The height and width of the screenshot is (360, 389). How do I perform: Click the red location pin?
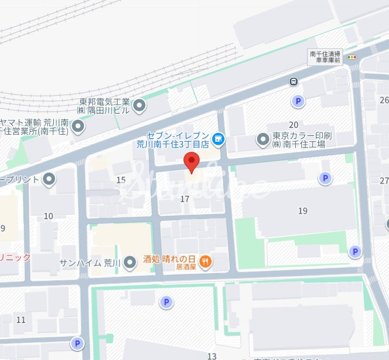pyautogui.click(x=192, y=161)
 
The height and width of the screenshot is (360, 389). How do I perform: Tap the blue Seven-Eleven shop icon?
pyautogui.click(x=218, y=140)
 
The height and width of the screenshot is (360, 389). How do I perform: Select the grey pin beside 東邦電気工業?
pyautogui.click(x=140, y=106)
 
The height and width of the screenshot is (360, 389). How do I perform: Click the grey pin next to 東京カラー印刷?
pyautogui.click(x=264, y=140)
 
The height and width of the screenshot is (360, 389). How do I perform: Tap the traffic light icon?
pyautogui.click(x=351, y=58)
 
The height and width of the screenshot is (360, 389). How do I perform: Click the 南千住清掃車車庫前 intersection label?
pyautogui.click(x=325, y=57)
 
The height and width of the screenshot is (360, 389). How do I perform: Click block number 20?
pyautogui.click(x=293, y=125)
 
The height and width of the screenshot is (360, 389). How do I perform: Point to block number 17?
pyautogui.click(x=184, y=199)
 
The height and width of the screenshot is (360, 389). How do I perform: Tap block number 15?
pyautogui.click(x=121, y=180)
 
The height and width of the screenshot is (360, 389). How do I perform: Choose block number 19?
pyautogui.click(x=303, y=211)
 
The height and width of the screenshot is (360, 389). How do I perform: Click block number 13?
pyautogui.click(x=211, y=356)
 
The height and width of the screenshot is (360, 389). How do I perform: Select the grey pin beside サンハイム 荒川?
pyautogui.click(x=130, y=263)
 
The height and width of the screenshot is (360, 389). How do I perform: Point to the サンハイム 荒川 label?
pyautogui.click(x=90, y=263)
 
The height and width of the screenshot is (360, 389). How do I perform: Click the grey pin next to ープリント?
pyautogui.click(x=49, y=180)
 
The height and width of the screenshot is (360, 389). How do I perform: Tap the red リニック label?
pyautogui.click(x=15, y=257)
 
